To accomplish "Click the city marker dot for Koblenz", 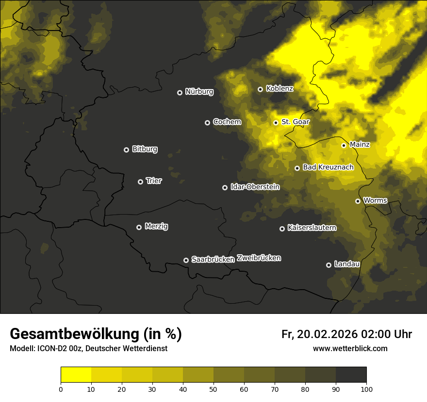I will point(260,89).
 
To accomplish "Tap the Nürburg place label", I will point(199,92).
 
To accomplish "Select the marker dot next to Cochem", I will point(207,123).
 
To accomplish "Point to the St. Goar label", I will point(295,122).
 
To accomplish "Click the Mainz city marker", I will point(344,145).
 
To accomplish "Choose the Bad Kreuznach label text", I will point(328,167).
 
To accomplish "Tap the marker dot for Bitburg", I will point(126,150).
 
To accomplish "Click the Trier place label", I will point(154,181).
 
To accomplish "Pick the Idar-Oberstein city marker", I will point(225,187).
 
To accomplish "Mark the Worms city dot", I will point(358,201).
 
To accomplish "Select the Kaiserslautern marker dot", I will point(282,229).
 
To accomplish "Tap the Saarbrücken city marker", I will point(186,260).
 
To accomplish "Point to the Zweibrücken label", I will point(259,258).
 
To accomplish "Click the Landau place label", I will point(347,264).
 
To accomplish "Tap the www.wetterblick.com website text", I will point(350,348).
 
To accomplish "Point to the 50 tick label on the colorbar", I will point(213,389).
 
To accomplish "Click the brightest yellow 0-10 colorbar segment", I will point(76,375).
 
